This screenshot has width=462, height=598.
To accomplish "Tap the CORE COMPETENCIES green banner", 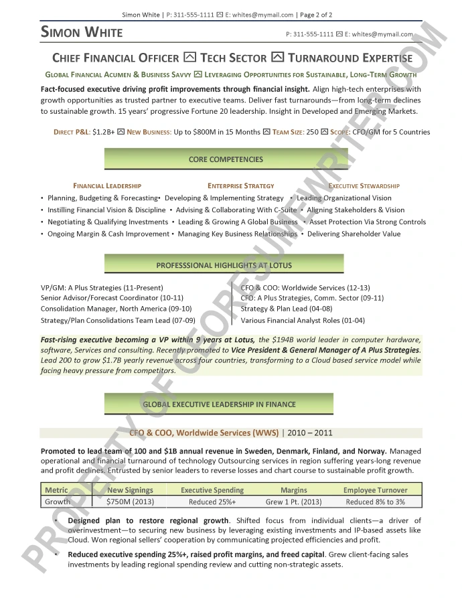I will (226, 159).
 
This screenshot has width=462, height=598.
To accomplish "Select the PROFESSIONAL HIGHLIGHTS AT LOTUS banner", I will (224, 265).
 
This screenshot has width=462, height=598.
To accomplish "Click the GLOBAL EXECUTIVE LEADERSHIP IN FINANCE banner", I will (219, 404).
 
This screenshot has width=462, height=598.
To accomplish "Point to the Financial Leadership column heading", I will (107, 185).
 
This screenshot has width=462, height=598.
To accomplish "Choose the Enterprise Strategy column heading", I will (240, 185).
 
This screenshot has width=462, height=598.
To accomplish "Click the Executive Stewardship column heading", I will (364, 185).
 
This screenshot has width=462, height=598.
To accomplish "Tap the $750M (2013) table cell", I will (131, 502).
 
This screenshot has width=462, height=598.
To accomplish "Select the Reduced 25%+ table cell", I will (212, 502).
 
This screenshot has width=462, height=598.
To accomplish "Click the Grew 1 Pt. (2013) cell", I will (293, 502).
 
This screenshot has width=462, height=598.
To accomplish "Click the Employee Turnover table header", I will (375, 490).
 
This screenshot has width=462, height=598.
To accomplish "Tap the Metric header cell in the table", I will (57, 490).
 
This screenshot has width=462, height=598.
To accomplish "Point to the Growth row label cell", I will (58, 502).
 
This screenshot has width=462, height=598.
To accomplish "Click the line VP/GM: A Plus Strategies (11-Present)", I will (102, 288).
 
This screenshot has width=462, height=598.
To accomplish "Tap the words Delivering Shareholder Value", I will (354, 234).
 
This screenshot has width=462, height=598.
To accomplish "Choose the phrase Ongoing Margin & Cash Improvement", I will (108, 234).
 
